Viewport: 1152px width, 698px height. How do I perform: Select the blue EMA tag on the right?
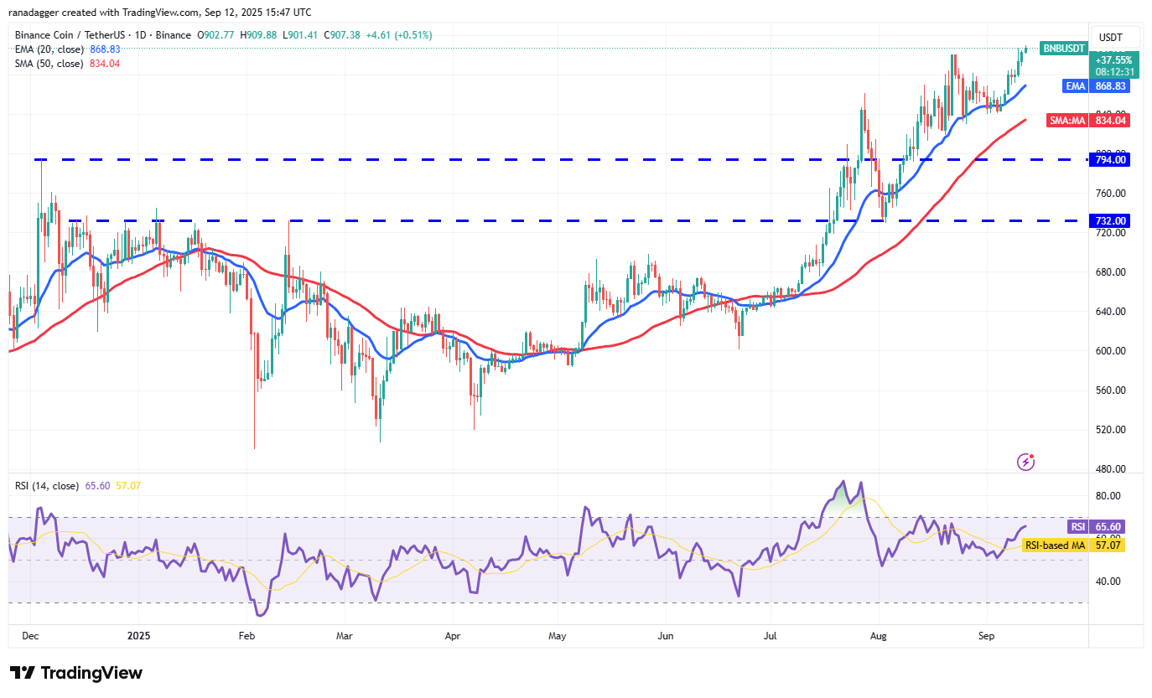(x=1075, y=86)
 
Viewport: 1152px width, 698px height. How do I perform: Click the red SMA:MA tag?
(x=1067, y=121)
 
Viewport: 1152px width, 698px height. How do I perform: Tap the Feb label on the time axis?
(x=246, y=636)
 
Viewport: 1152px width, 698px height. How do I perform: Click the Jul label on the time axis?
(x=769, y=636)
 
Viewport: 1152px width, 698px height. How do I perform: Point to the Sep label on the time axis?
(x=986, y=636)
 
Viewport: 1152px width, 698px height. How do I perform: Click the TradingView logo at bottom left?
(x=76, y=673)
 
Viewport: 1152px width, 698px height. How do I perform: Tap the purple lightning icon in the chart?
(x=1025, y=462)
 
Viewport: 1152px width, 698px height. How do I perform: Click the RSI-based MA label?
(x=1055, y=545)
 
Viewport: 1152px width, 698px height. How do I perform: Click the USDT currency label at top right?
(x=1111, y=38)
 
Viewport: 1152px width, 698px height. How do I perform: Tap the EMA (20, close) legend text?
(x=49, y=49)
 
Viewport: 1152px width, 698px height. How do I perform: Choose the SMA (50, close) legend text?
(x=49, y=64)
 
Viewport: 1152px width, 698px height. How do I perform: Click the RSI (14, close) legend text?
(x=47, y=486)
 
